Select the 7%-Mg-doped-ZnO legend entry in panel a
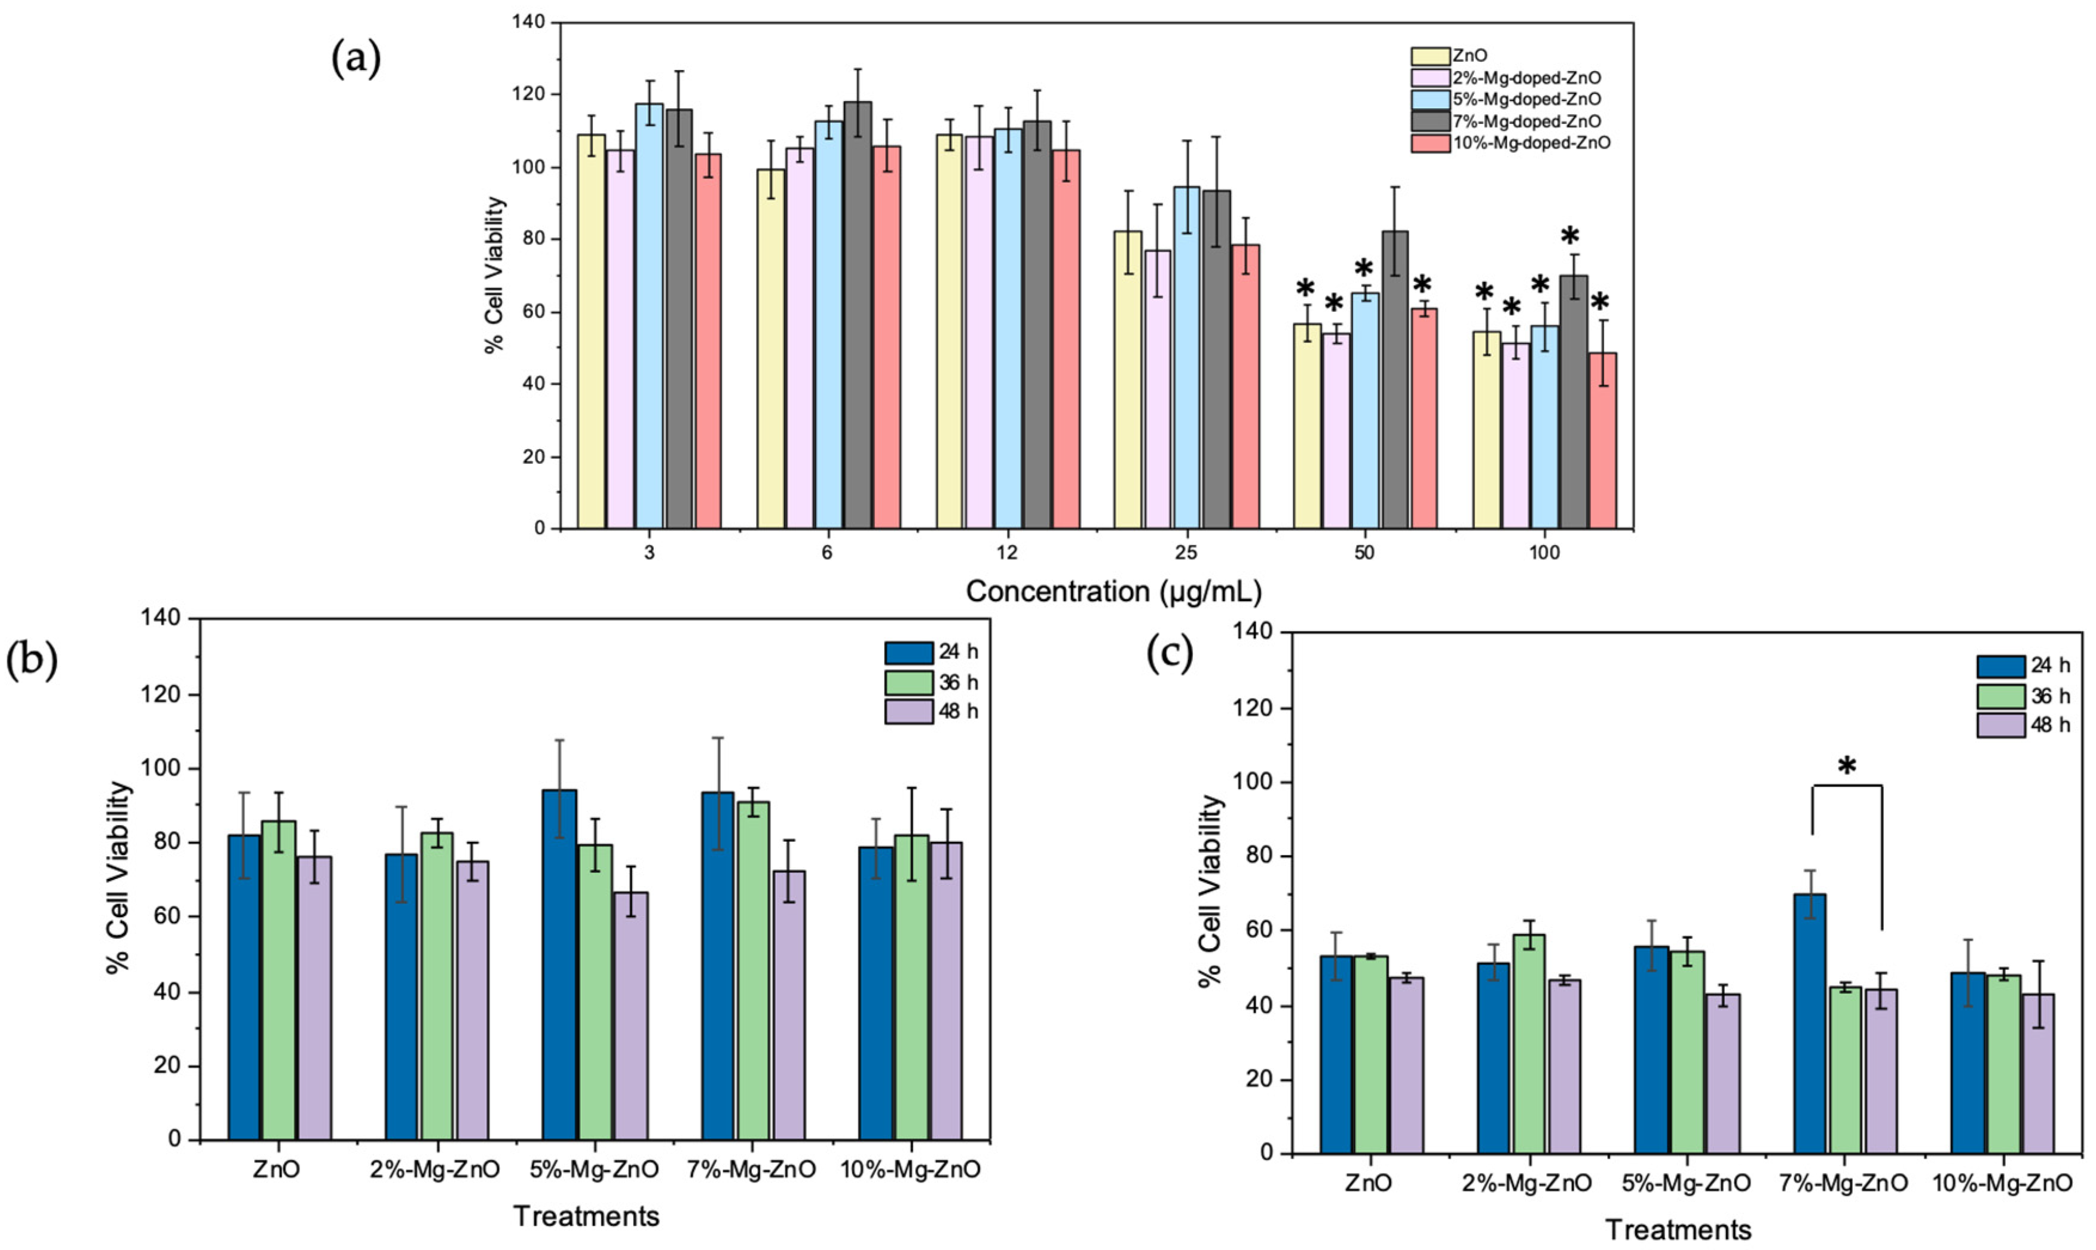coord(1514,121)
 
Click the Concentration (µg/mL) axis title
coord(1113,592)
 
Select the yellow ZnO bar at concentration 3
coord(592,331)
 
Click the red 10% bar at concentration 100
coord(1602,440)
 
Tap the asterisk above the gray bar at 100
coord(1569,237)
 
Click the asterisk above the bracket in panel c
coord(1847,767)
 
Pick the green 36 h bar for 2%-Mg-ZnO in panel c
coord(1528,1043)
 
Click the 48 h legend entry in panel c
coord(2024,724)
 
